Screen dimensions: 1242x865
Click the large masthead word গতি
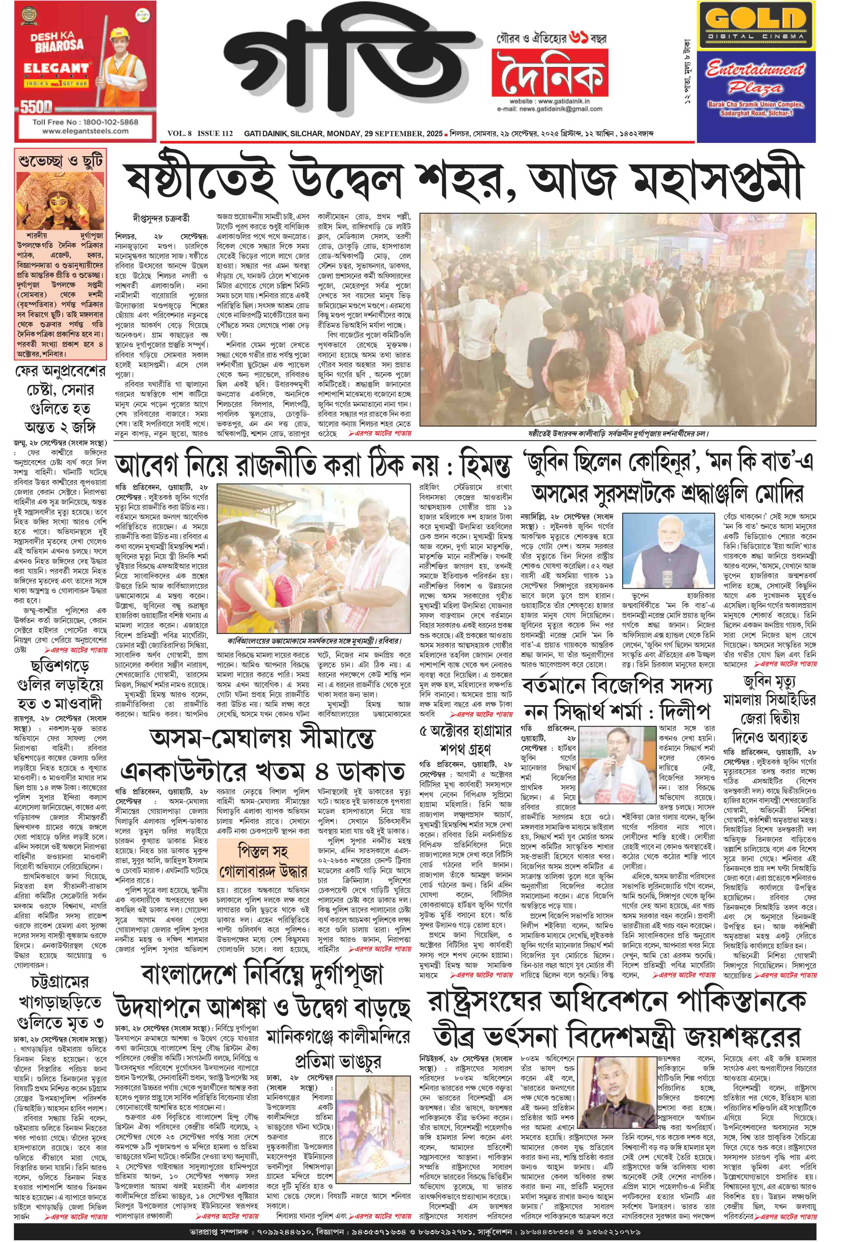pos(346,70)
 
